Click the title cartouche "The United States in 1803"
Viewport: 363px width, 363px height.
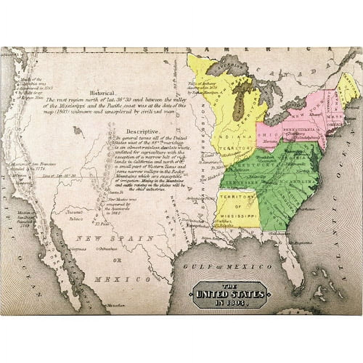(x=230, y=294)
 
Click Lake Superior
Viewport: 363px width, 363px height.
(x=228, y=66)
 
